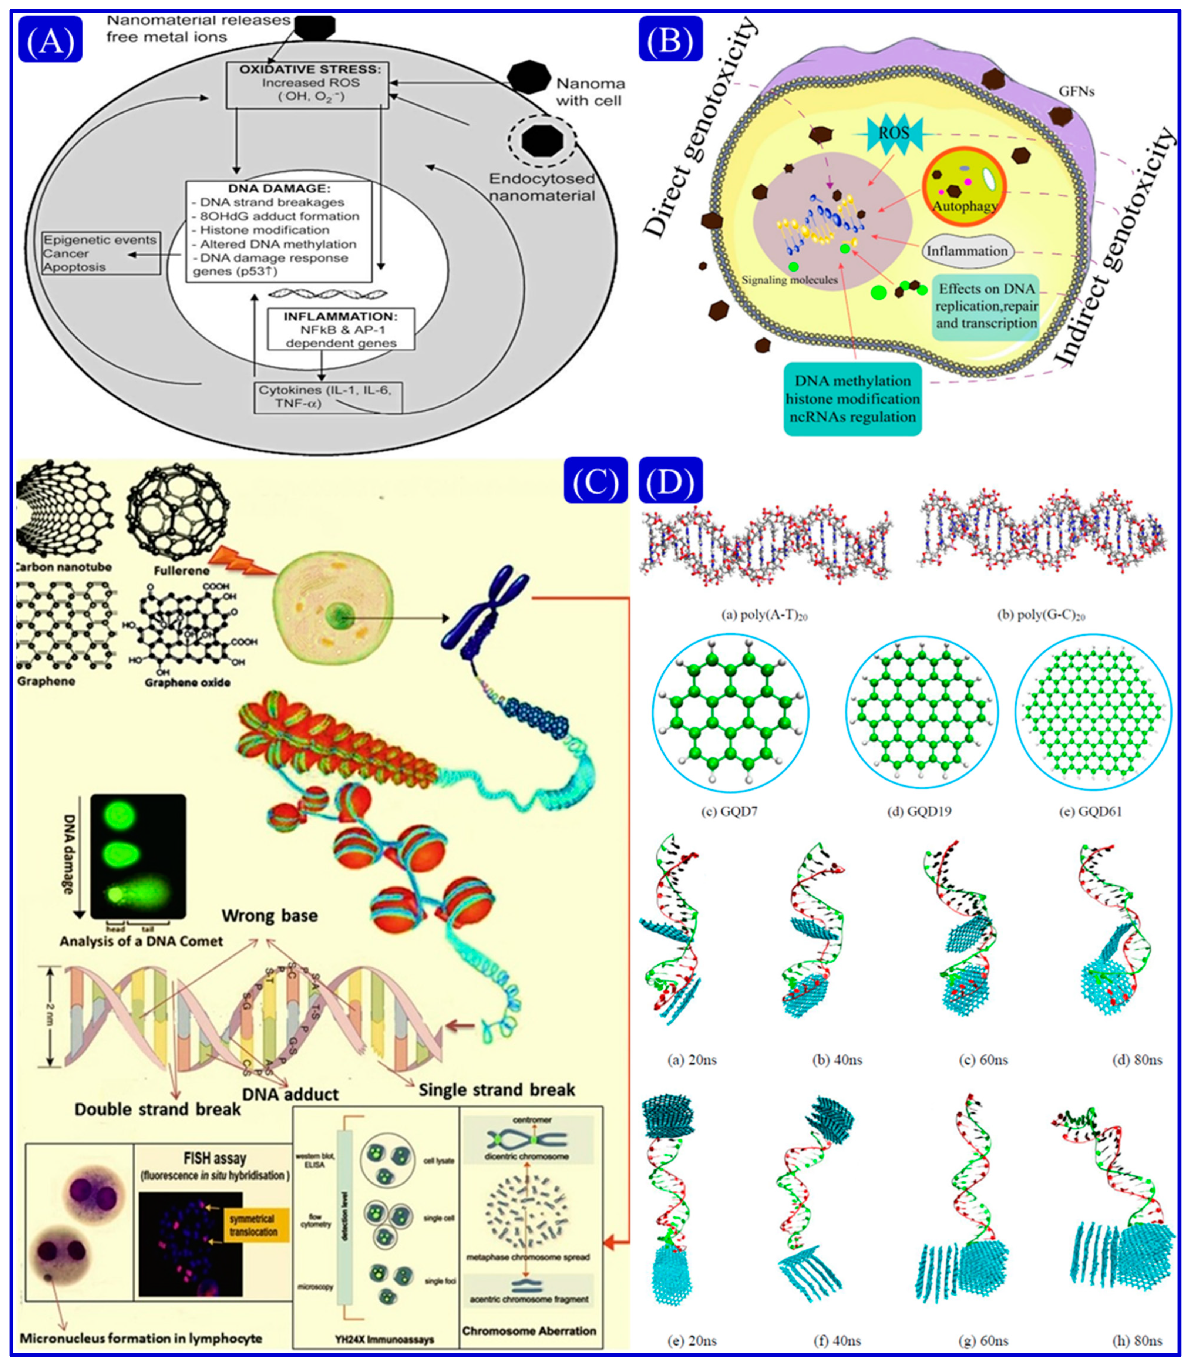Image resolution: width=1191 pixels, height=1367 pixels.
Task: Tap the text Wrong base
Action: coord(270,916)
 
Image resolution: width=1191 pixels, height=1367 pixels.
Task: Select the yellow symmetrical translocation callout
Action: coord(253,1225)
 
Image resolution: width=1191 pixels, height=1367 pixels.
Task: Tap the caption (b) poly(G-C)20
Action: coord(1041,615)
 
